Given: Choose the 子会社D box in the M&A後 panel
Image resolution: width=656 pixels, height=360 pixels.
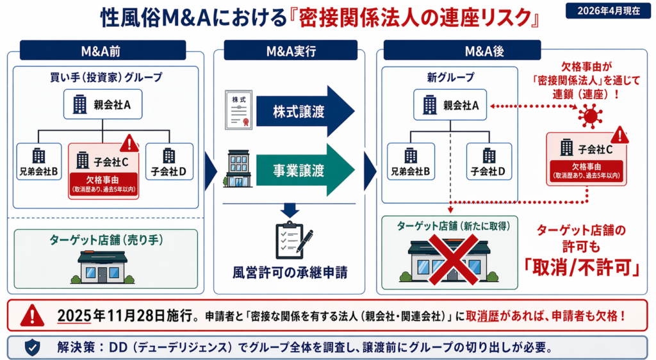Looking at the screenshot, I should click(x=489, y=162).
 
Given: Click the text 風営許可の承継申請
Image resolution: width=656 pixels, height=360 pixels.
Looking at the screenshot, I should click(x=290, y=271).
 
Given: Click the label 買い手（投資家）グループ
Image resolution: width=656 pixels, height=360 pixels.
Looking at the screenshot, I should click(x=106, y=77).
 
